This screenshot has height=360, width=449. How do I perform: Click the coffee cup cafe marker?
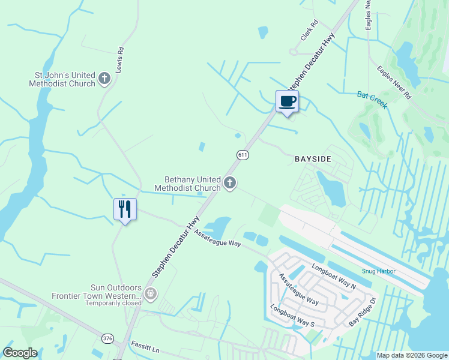(x=287, y=101)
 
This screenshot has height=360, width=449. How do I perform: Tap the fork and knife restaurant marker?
(x=125, y=209)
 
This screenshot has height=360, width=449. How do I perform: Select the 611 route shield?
(x=243, y=155)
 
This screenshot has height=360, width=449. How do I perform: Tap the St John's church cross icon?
(x=104, y=79)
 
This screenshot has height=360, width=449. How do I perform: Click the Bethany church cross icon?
(x=229, y=183)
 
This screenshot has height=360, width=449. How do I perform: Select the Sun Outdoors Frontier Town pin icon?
(x=150, y=293)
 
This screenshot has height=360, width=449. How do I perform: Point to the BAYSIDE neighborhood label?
(x=313, y=159)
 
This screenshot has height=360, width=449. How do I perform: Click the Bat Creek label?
(x=372, y=100)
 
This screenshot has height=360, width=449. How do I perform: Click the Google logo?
(x=20, y=353)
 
